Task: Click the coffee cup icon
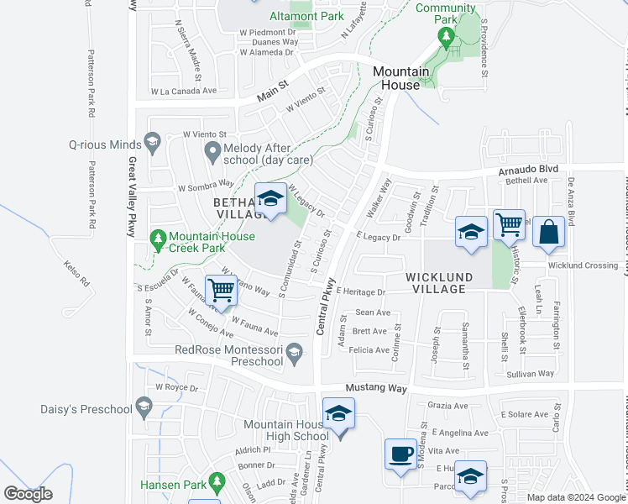tap(400, 454)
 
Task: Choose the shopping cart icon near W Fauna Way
tap(221, 291)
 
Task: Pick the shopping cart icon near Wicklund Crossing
tap(509, 223)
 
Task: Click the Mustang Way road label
tap(376, 389)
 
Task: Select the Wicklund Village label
tap(435, 282)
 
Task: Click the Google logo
tap(28, 493)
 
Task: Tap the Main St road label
tap(272, 91)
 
